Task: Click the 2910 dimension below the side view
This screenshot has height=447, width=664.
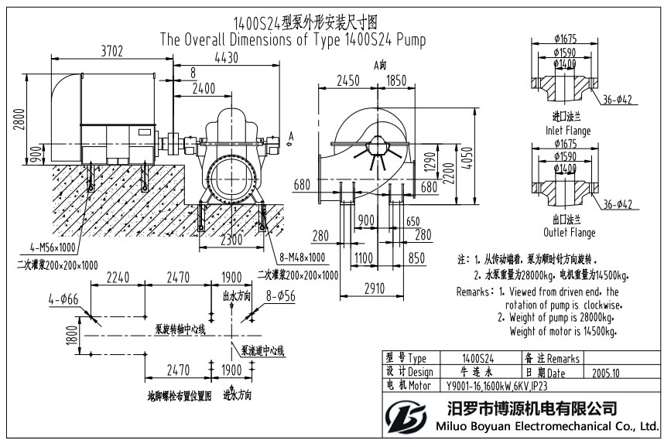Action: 373,288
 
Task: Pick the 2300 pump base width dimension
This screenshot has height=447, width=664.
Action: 231,241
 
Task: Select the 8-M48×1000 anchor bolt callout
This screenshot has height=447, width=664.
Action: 299,257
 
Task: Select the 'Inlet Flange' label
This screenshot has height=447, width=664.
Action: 566,131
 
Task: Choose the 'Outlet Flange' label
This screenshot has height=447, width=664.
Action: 566,232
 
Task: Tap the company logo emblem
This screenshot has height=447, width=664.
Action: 407,417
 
